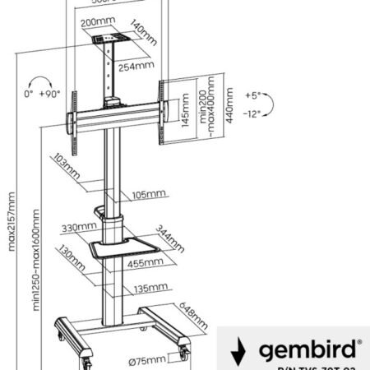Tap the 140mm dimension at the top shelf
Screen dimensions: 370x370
pyautogui.click(x=146, y=32)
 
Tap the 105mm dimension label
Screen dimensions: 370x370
pyautogui.click(x=149, y=194)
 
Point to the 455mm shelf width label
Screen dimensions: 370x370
pyautogui.click(x=144, y=264)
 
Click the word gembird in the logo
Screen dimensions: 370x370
pyautogui.click(x=308, y=350)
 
